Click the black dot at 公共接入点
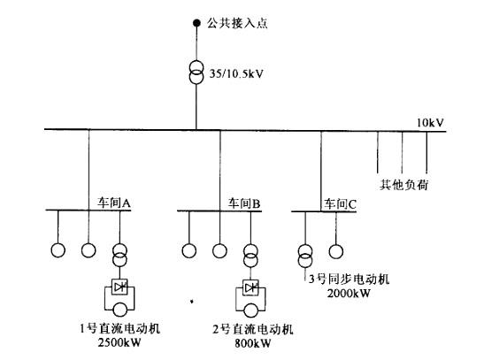(196, 23)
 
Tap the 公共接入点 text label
(237, 23)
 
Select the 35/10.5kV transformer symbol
(196, 73)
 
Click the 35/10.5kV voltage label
(236, 73)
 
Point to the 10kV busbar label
(430, 123)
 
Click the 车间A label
(114, 203)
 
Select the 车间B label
(244, 203)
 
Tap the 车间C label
(340, 204)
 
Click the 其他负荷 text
(404, 185)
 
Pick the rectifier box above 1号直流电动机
(119, 287)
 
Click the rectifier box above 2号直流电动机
(250, 287)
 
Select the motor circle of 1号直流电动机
(119, 310)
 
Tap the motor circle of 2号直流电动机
(251, 310)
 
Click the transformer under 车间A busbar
(119, 255)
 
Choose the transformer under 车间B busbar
(250, 256)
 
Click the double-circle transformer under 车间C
(305, 256)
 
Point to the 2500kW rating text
(119, 342)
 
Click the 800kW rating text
(253, 343)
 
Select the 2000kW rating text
(349, 293)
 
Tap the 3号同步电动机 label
(350, 279)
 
